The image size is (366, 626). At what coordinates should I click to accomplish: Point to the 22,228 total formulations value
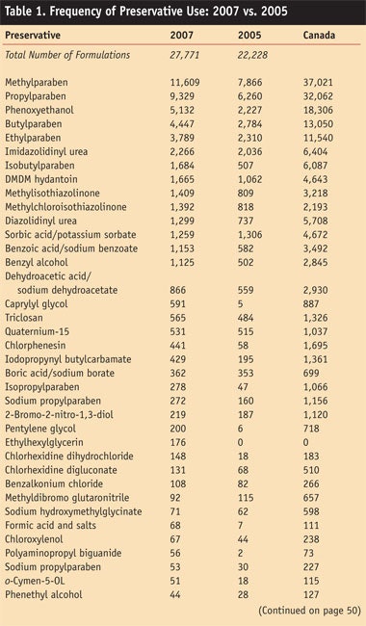253,55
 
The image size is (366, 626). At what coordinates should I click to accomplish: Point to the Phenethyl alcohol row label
40,590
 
